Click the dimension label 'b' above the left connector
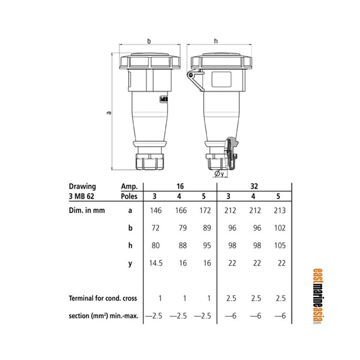point(149,41)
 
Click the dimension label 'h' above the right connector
point(214,41)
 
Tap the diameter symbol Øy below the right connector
point(218,174)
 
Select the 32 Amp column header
point(253,186)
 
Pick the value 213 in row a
point(278,211)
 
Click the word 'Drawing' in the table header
point(82,186)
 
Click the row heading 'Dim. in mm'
point(86,211)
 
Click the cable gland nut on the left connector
point(149,161)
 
